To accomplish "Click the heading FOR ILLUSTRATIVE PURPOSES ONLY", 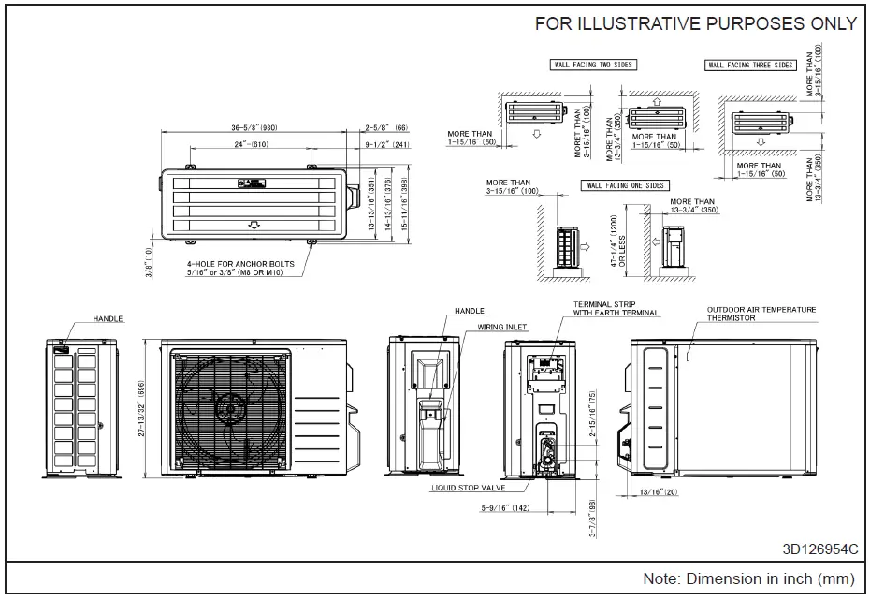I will tap(695, 24).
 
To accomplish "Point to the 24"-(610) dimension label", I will tap(250, 145).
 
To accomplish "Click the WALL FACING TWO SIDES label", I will tap(591, 66).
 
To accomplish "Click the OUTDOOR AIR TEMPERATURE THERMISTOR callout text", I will tap(761, 314).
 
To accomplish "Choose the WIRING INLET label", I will tap(503, 328).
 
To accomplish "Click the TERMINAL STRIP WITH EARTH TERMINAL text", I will tap(616, 308).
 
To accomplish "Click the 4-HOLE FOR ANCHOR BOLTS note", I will tap(240, 269).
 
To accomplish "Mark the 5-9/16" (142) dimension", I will tap(504, 508).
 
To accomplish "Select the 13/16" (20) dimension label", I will tap(659, 491).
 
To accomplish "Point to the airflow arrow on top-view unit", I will tap(252, 225).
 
